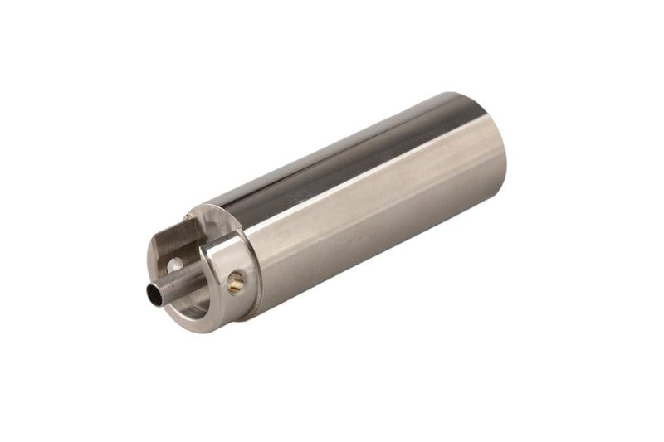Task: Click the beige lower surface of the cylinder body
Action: [373, 249]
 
